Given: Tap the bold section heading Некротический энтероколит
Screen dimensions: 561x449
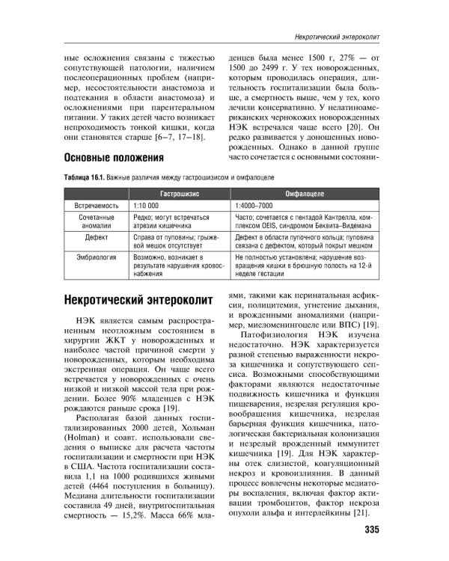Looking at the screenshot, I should click(x=138, y=301).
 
